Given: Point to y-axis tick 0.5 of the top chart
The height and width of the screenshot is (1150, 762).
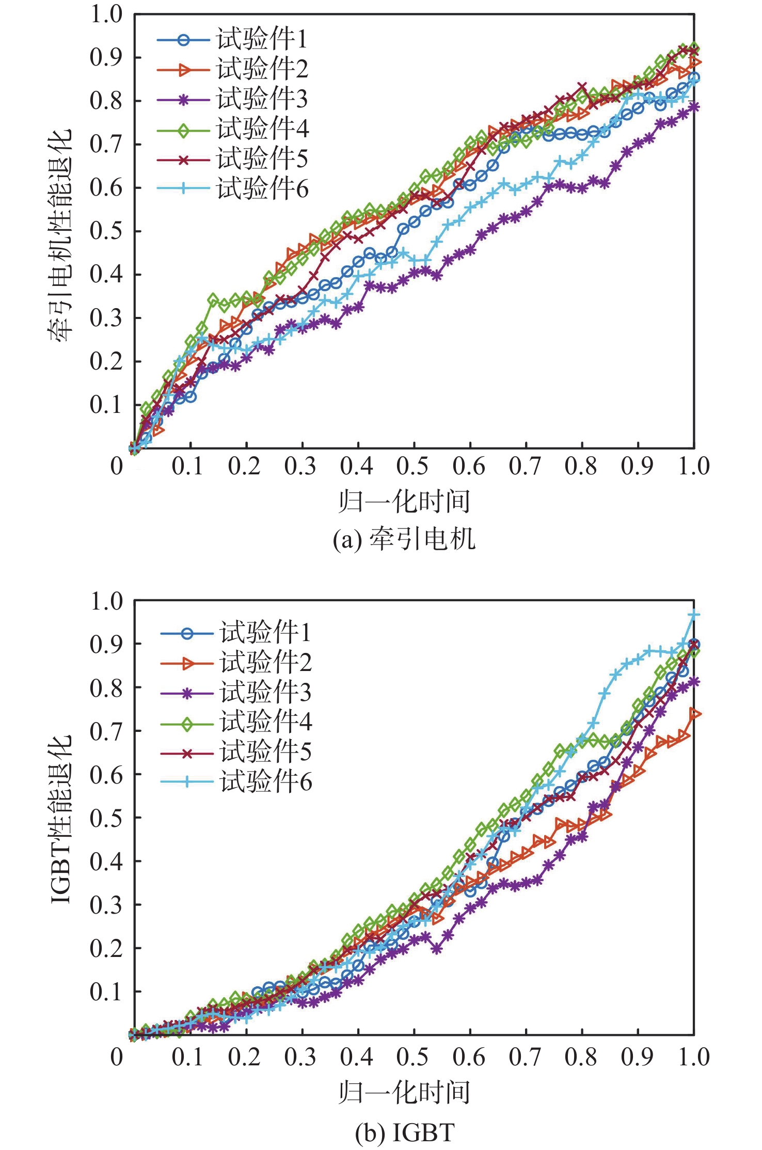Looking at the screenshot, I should pos(106,231).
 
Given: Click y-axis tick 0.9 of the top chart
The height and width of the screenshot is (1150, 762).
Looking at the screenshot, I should pos(106,57).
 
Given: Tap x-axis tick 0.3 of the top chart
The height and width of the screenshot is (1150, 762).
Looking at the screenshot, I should pos(300,466).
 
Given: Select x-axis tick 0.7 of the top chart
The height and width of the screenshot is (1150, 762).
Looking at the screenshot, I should pos(525,466).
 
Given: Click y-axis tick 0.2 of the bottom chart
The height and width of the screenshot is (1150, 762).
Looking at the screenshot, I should pos(106,949).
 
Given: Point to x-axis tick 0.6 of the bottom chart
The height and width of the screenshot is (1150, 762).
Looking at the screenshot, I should pos(469,1057).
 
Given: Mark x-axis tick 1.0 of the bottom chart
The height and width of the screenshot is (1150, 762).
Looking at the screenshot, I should pos(693,1057).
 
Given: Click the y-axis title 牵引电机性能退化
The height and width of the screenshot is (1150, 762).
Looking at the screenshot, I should pos(61,235).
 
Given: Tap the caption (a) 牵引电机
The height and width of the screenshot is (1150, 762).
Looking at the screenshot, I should pos(404,539).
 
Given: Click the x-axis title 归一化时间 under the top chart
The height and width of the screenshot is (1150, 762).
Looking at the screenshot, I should pos(404,501).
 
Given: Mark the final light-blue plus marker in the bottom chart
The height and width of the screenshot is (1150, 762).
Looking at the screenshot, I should pos(694,615).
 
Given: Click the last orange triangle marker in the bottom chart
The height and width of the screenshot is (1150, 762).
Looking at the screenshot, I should pos(695,714).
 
